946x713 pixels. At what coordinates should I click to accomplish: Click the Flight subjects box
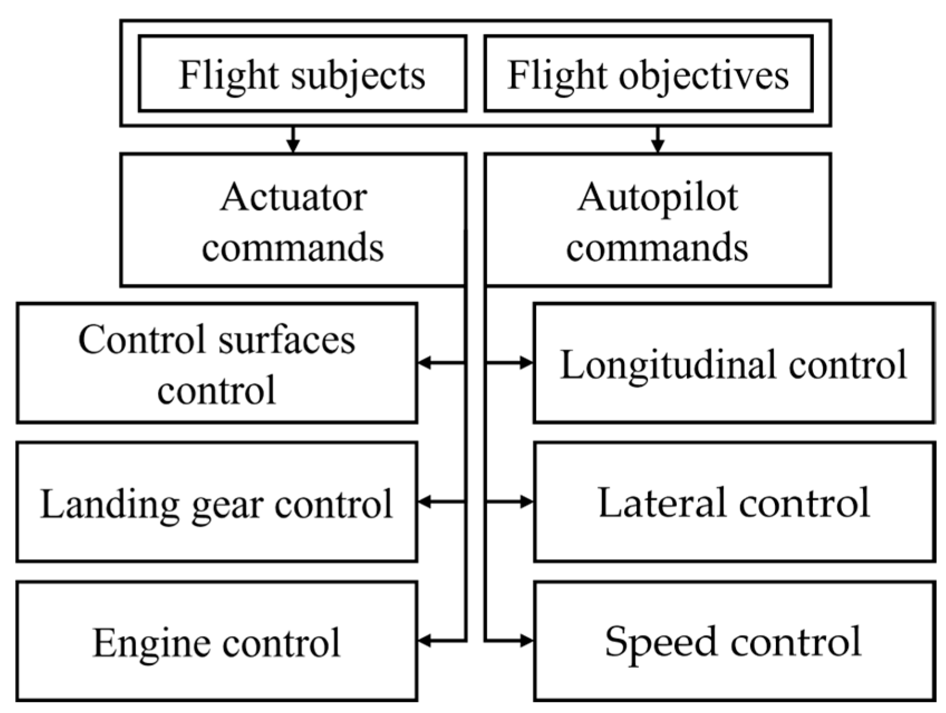click(302, 74)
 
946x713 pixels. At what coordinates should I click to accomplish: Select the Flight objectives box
click(648, 74)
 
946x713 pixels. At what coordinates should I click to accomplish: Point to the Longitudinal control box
click(734, 363)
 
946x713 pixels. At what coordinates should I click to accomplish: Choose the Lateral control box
click(734, 502)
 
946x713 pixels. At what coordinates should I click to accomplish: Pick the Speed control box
click(734, 641)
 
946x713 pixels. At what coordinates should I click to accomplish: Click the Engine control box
click(216, 641)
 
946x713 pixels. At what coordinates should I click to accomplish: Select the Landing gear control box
click(216, 502)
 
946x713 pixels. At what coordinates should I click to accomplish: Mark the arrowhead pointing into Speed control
click(526, 641)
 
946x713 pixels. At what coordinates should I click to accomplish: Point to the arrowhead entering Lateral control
click(526, 502)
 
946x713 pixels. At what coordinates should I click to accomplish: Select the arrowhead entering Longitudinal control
click(526, 363)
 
